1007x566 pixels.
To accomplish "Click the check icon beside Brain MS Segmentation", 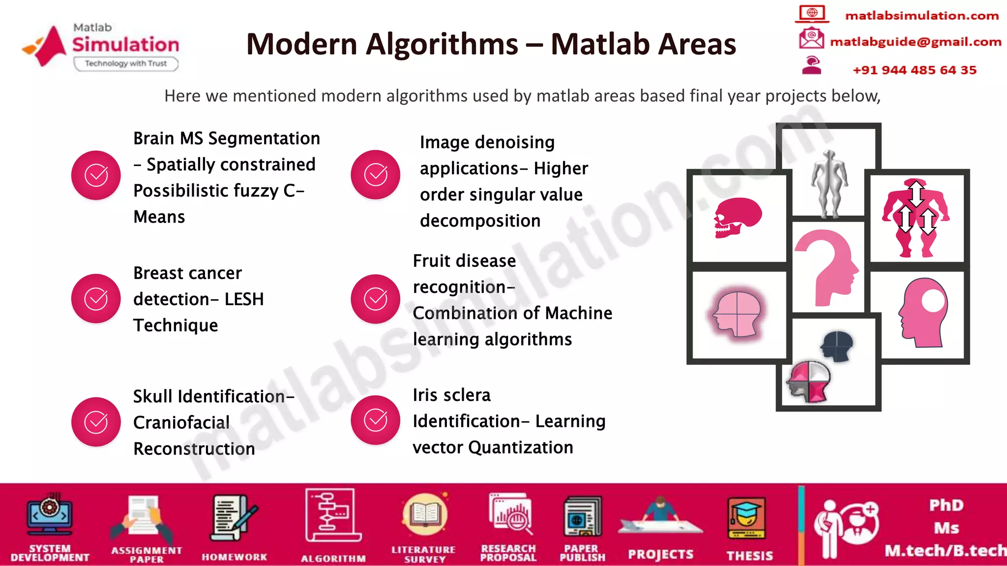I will (96, 175).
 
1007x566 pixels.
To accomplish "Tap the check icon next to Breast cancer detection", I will (96, 299).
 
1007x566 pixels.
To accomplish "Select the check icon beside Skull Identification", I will (96, 422).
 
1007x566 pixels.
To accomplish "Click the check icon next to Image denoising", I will (376, 175).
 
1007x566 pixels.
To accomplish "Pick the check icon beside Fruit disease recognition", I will (376, 299).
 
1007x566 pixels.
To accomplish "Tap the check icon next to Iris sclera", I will (376, 420).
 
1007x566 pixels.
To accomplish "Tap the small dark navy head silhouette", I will (837, 345).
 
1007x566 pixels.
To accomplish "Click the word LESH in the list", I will (244, 299).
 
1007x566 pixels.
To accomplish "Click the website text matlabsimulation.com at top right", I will (921, 16).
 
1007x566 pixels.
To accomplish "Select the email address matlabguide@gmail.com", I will (916, 42).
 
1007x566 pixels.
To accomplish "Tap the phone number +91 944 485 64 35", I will (915, 70).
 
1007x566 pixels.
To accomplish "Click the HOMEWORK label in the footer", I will (234, 557).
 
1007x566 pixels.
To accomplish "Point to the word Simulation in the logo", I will (126, 45).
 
